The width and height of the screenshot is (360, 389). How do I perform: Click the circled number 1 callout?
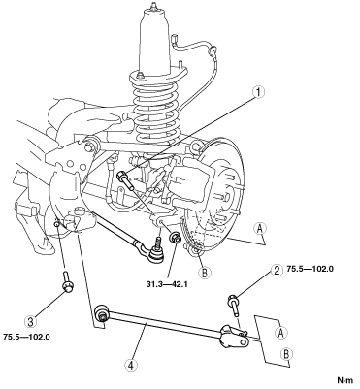click(258, 92)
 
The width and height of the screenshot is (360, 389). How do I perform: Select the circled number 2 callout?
click(276, 271)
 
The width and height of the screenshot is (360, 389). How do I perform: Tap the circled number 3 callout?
click(30, 322)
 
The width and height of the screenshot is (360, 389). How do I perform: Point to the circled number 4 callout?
click(131, 365)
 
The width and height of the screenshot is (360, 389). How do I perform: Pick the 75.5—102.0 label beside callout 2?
click(310, 269)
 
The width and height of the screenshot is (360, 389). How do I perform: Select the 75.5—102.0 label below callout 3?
click(26, 337)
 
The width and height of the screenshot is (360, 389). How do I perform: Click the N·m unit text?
click(345, 380)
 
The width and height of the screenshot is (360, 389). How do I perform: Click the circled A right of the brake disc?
click(260, 229)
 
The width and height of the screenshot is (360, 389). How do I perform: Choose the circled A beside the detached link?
click(280, 333)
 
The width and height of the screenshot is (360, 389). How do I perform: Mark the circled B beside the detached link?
click(285, 354)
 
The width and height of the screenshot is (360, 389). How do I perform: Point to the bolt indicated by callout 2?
click(235, 305)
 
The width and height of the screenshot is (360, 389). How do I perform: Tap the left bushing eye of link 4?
click(102, 313)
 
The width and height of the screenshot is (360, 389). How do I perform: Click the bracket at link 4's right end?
click(233, 338)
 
